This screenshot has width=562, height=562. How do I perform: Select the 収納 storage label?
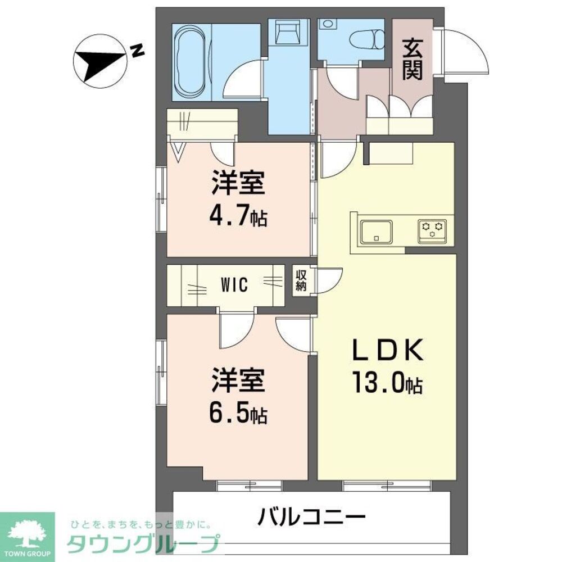pos(301,279)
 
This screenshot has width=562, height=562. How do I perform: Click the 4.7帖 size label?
pos(238,216)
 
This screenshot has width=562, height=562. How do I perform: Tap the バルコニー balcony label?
pos(312,515)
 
